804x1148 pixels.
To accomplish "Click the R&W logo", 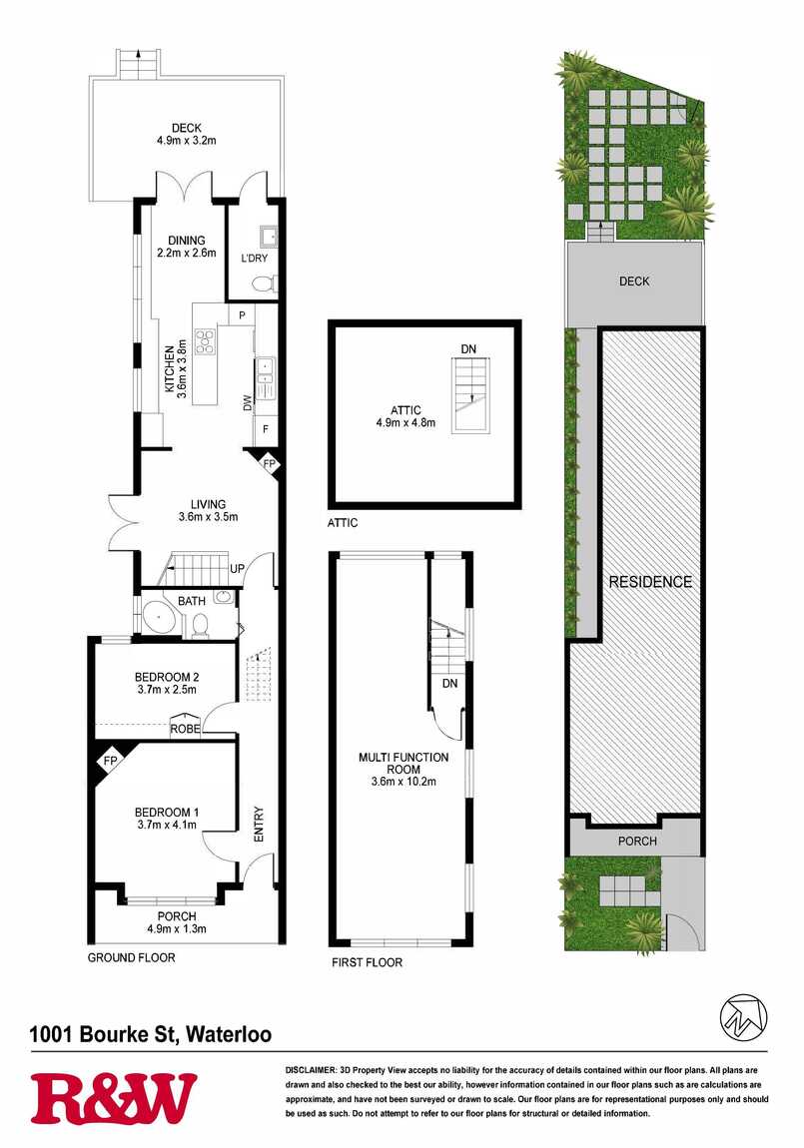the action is (x=114, y=1098).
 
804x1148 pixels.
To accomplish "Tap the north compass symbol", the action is (x=743, y=1016).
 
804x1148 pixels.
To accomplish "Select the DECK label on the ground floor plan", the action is (x=187, y=128).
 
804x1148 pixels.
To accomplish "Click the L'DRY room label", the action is (x=254, y=259).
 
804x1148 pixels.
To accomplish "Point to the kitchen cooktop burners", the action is (x=205, y=341).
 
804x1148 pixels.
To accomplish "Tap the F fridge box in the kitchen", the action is (x=265, y=430).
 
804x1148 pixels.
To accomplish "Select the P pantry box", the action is (x=241, y=315).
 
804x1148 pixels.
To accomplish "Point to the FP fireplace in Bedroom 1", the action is (x=111, y=762).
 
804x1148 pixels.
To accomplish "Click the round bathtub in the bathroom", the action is (x=159, y=620).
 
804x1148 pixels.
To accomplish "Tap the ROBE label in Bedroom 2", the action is (x=185, y=729).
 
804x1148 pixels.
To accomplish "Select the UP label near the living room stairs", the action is (x=238, y=569).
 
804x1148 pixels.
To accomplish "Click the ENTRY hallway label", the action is (x=259, y=825).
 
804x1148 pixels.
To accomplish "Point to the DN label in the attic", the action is (x=468, y=349).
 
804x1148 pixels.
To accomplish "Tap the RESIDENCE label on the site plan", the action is (x=651, y=582).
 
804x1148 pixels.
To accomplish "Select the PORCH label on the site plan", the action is (x=637, y=842).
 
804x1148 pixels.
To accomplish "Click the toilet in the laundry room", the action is (x=264, y=283).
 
